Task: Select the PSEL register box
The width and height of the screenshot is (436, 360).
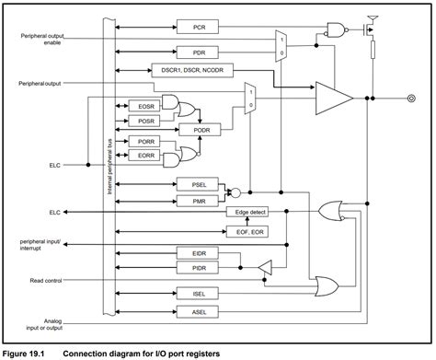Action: tap(199, 184)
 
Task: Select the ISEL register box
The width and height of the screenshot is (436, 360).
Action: tap(199, 296)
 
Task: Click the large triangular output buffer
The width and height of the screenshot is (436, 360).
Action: tap(332, 96)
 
